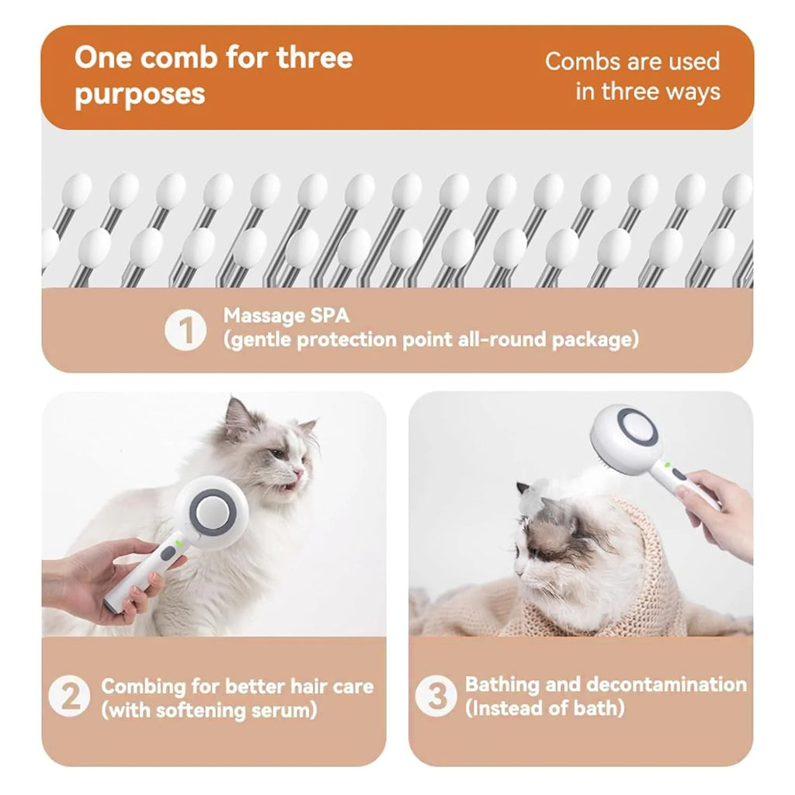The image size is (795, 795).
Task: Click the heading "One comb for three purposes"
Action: point(213,75)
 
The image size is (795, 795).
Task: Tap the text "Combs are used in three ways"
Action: point(632,76)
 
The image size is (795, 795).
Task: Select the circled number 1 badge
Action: point(186,329)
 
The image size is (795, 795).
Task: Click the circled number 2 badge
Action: point(69,696)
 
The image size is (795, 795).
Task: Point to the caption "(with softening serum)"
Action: point(210,710)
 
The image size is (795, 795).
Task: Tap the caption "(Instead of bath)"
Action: point(544,708)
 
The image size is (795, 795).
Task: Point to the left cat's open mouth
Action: point(287,486)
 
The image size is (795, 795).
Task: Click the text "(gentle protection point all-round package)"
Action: point(431,340)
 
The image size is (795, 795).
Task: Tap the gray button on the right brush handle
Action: point(679,474)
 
